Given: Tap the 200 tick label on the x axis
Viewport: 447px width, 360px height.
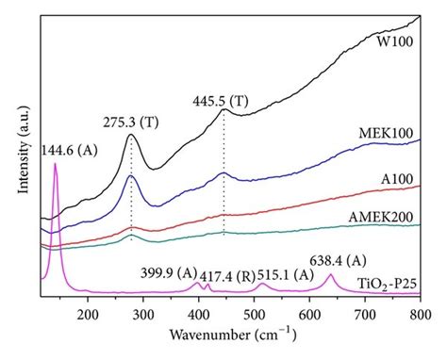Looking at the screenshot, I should (x=89, y=315).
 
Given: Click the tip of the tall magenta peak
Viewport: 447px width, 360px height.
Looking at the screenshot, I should (x=57, y=164).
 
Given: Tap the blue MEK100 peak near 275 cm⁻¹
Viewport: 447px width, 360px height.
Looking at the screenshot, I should (x=131, y=176).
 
